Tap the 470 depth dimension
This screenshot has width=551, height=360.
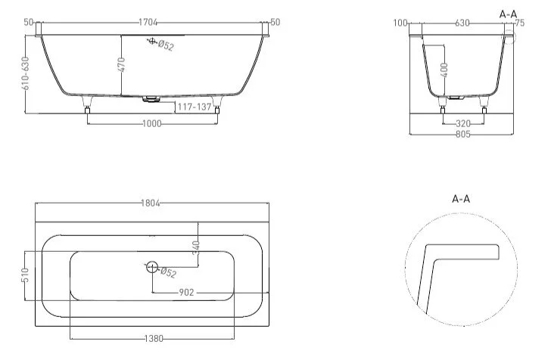121,64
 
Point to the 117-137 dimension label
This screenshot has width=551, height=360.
194,107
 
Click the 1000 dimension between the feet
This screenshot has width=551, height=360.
151,124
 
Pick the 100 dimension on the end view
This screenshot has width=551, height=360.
400,23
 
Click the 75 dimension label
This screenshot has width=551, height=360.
519,23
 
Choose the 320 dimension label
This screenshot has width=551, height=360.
463,123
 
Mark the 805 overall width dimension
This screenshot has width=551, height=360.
463,135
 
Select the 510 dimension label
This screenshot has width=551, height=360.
25,275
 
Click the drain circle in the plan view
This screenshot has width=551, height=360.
152,267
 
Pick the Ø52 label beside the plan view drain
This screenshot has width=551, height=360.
169,272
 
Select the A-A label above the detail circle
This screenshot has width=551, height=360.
462,199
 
